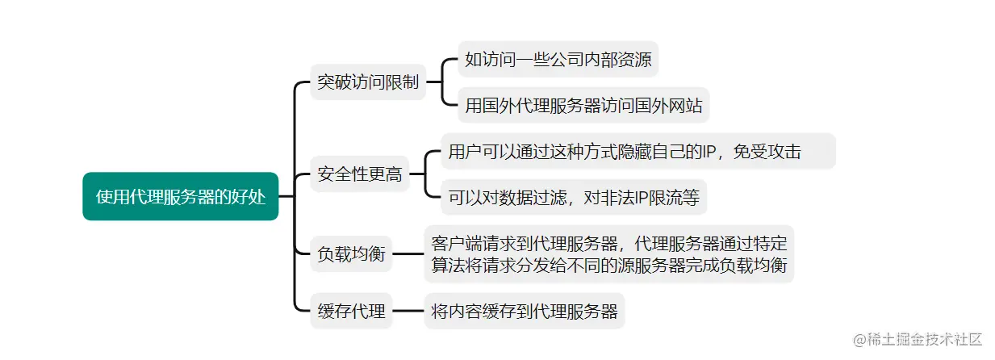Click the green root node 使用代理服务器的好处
point(180,196)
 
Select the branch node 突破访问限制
point(368,82)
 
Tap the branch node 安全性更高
point(360,174)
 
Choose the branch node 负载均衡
point(351,254)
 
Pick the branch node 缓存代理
point(351,311)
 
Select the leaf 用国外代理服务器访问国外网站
point(583,105)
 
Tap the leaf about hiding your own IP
point(638,151)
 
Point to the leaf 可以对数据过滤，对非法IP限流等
point(574,196)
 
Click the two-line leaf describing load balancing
point(609,253)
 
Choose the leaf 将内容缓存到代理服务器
point(525,311)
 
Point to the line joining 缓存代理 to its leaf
point(408,311)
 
